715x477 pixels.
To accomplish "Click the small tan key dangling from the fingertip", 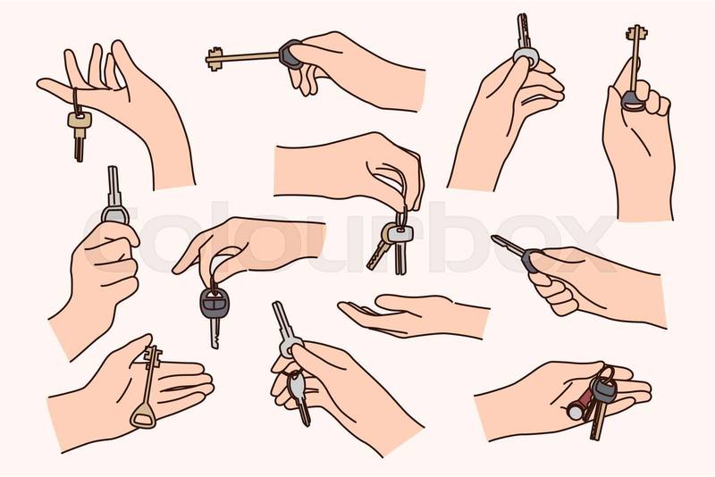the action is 79,134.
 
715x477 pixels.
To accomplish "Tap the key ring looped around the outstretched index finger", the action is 75,101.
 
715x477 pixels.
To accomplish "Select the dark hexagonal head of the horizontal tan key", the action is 290,54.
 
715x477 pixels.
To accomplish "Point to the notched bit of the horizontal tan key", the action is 214,59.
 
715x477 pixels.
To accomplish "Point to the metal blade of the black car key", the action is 214,333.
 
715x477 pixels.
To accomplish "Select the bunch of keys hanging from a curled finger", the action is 392,244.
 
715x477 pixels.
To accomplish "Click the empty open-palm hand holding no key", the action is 413,315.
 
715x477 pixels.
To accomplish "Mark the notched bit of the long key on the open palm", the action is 153,356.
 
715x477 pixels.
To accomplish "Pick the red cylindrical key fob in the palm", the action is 579,406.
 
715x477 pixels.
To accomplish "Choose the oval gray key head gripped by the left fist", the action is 115,214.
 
